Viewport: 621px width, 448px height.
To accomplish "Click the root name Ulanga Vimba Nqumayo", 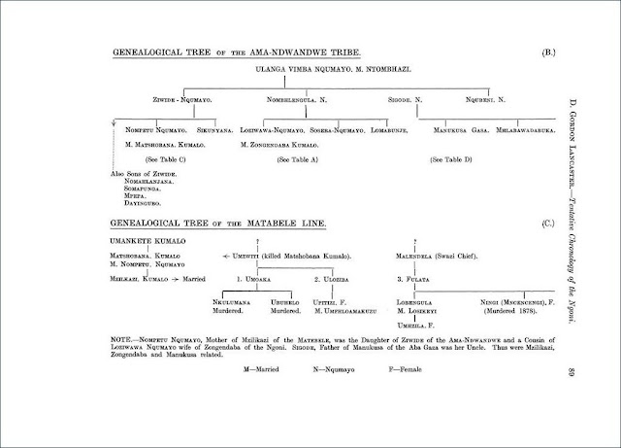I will click(x=291, y=72).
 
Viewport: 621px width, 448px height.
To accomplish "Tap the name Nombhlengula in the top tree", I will click(x=303, y=99).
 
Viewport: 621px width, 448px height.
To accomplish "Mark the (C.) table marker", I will click(x=547, y=224).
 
